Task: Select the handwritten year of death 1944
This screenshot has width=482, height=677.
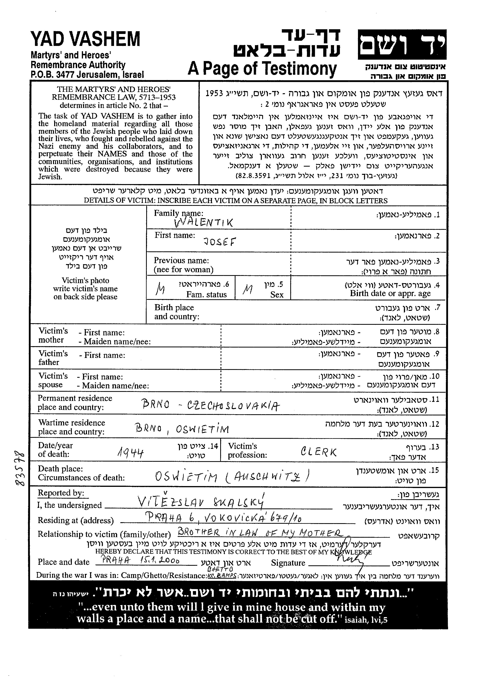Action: [x=131, y=453]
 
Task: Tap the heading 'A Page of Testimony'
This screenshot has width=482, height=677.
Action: [x=262, y=69]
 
